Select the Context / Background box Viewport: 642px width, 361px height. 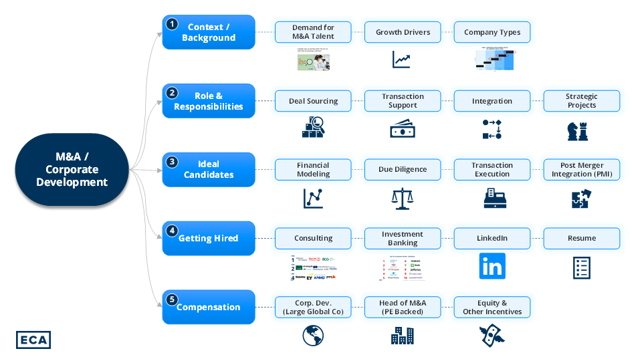pos(209,32)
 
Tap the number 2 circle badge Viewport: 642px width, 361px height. pos(172,93)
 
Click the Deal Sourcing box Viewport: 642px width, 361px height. pos(313,101)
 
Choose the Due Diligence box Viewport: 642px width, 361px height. pos(403,169)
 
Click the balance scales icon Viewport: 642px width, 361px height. pos(403,198)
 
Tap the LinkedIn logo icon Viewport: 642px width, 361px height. pos(492,266)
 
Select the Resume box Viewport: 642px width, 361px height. pos(581,238)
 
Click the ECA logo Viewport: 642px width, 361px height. pos(33,340)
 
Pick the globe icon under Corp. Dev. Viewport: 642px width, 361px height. pos(313,336)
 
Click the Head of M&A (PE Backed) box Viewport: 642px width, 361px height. pos(403,308)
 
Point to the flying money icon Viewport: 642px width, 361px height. pos(492,336)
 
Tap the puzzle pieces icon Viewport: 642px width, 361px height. pos(581,199)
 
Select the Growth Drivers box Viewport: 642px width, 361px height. pos(403,31)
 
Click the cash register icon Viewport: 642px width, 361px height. pos(492,198)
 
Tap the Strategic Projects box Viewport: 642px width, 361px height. pos(581,101)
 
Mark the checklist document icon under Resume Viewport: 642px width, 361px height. pos(581,267)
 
